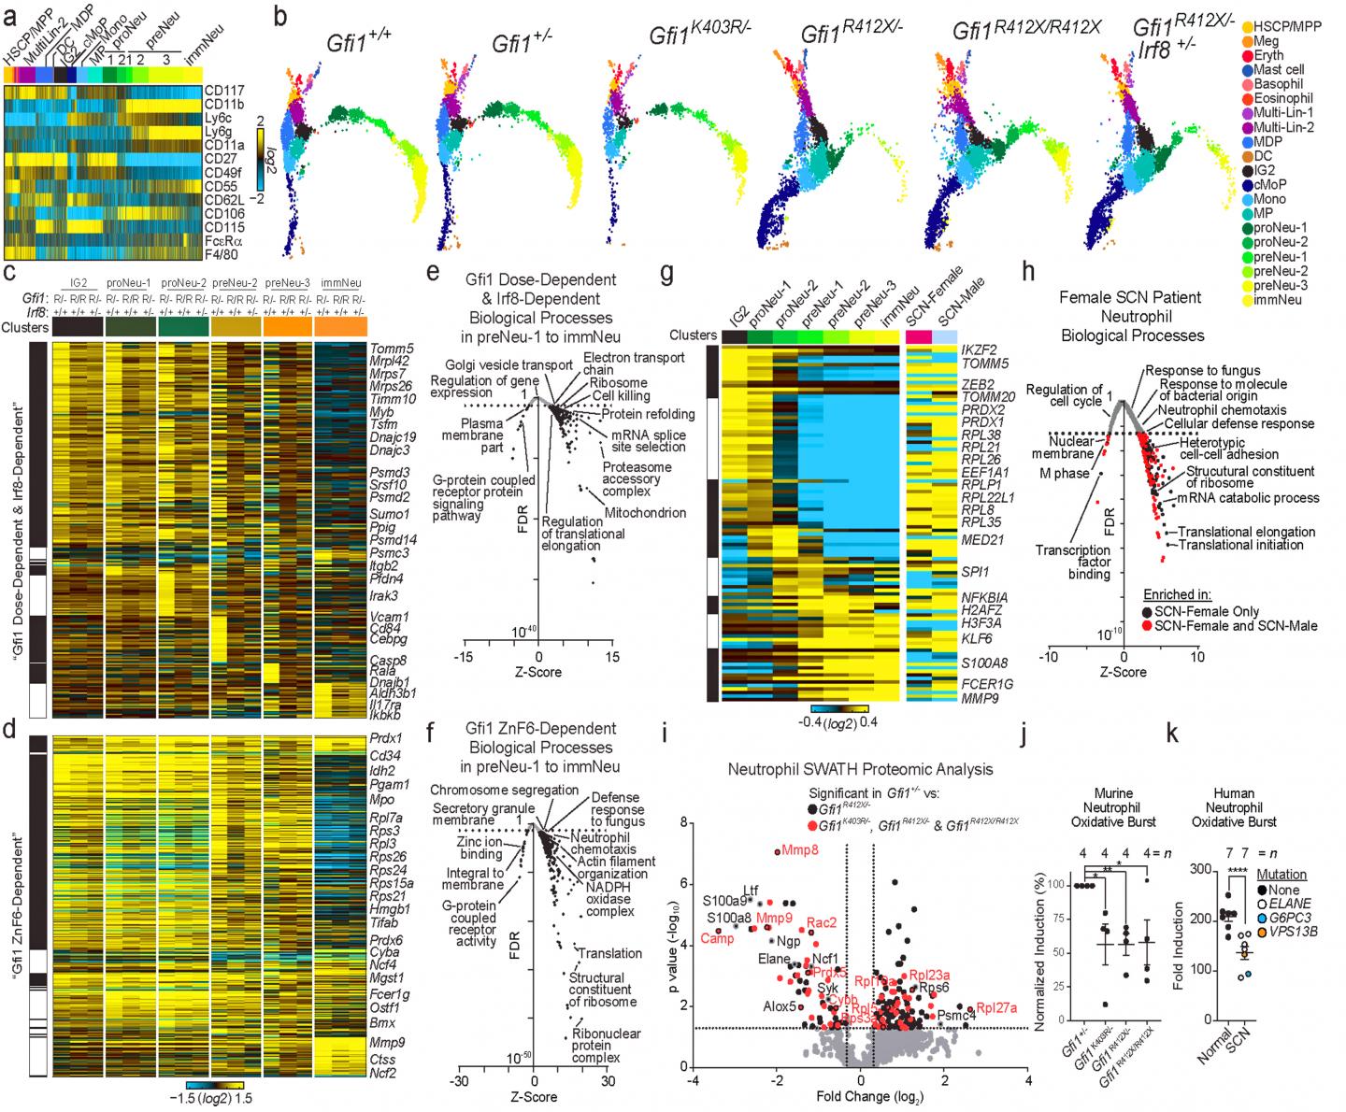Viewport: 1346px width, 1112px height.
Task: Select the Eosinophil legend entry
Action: coord(1282,97)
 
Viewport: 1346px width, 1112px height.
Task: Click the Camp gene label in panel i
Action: coord(717,938)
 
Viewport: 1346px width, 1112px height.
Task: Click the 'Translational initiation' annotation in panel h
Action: coord(1228,544)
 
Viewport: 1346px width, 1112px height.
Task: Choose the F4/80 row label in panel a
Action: coord(221,253)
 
